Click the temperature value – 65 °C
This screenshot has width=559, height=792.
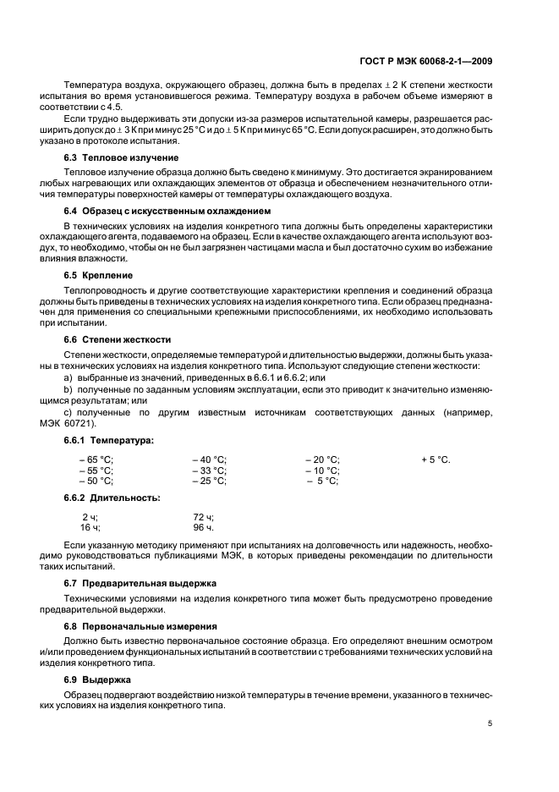96,459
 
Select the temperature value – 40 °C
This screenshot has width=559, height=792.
209,459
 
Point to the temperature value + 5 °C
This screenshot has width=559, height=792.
436,459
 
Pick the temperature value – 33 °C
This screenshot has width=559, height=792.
209,470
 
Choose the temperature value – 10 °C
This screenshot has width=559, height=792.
322,470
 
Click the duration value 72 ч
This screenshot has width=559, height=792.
203,516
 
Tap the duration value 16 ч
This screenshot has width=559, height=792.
90,527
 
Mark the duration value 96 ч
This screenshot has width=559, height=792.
203,527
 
